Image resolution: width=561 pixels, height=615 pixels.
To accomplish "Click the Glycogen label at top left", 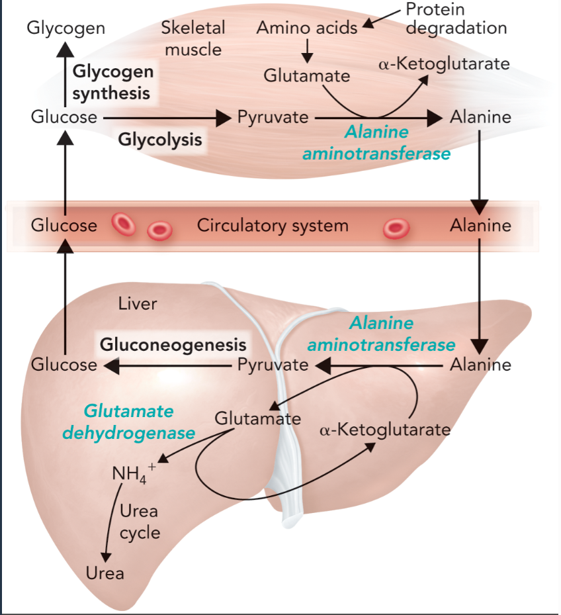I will point(66,28).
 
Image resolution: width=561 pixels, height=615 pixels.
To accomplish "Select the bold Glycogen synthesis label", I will point(112,82).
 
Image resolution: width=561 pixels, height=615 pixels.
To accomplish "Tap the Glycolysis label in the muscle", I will point(160,140).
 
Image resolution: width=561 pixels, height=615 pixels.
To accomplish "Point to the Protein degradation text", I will point(456,19).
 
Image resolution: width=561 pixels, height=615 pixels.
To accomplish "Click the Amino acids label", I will point(307,28).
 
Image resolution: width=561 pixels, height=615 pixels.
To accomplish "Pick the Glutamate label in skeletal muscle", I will point(307,75).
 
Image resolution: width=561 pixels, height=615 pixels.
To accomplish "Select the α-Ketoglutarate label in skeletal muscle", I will point(444,64).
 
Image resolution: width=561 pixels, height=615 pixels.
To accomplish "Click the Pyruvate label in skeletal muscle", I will point(273,118).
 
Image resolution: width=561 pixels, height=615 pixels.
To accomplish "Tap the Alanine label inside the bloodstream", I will point(480,225).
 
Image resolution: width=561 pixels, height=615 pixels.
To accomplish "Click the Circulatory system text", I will point(273,225).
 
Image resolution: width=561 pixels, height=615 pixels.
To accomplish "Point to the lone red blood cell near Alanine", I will point(396,228).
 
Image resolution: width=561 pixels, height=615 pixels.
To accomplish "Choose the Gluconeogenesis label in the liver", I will point(173,344).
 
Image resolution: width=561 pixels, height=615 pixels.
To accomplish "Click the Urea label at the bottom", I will point(105,573).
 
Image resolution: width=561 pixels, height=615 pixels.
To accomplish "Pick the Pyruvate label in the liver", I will point(273,364).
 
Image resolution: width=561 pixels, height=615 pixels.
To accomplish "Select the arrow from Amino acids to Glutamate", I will point(307,51).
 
